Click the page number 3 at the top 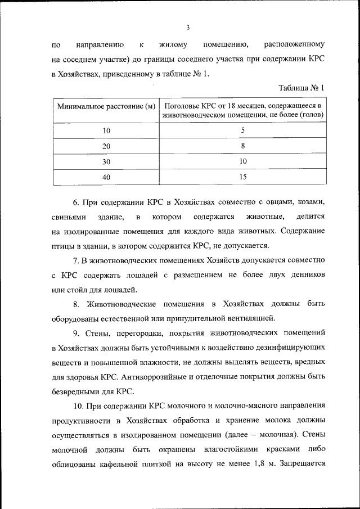(188, 27)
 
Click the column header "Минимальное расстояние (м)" (106, 106)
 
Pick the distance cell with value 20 (106, 146)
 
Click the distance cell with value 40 (106, 177)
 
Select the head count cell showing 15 (242, 177)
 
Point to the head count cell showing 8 (242, 146)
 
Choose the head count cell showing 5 (242, 130)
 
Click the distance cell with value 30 (106, 161)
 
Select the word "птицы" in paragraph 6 (62, 246)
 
